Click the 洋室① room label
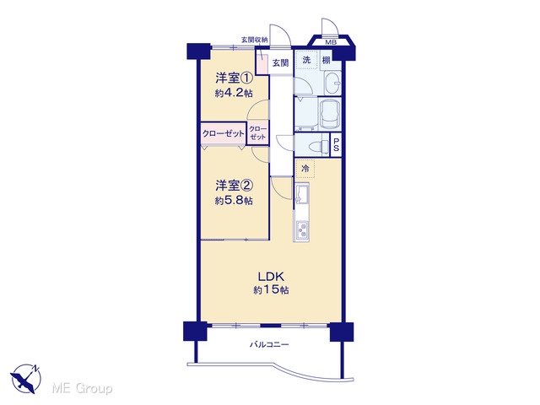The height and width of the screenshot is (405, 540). (235, 78)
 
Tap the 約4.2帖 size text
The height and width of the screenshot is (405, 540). (235, 93)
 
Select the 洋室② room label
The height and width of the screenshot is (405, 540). (235, 186)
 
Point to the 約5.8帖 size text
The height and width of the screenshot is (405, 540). (235, 201)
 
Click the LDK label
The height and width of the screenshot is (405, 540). (271, 276)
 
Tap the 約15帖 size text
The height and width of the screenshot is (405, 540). (271, 290)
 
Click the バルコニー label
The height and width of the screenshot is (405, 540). (269, 344)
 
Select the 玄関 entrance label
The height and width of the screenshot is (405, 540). (281, 63)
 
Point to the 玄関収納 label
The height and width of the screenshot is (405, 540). (255, 40)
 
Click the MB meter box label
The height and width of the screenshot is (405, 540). (332, 43)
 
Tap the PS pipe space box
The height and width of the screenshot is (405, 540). (336, 145)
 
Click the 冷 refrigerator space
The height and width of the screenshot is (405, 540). (305, 169)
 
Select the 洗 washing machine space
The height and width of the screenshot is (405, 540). (306, 60)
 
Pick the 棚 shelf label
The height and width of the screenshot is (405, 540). (326, 60)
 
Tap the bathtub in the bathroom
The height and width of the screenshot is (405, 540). (330, 115)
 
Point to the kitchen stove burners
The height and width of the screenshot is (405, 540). (302, 229)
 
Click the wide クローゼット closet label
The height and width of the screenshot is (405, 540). (223, 133)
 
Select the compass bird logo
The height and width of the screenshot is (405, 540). (26, 378)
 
